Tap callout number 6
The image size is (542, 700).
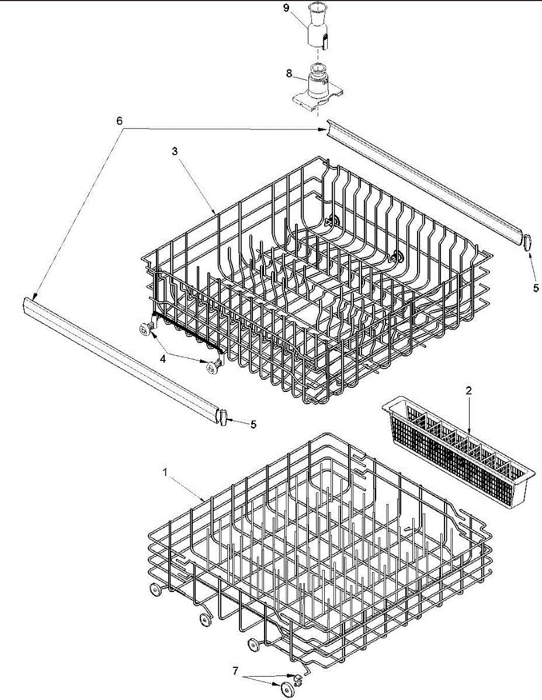pos(119,121)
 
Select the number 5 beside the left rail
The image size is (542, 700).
pos(253,425)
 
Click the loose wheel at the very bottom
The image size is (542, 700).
pos(287,688)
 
